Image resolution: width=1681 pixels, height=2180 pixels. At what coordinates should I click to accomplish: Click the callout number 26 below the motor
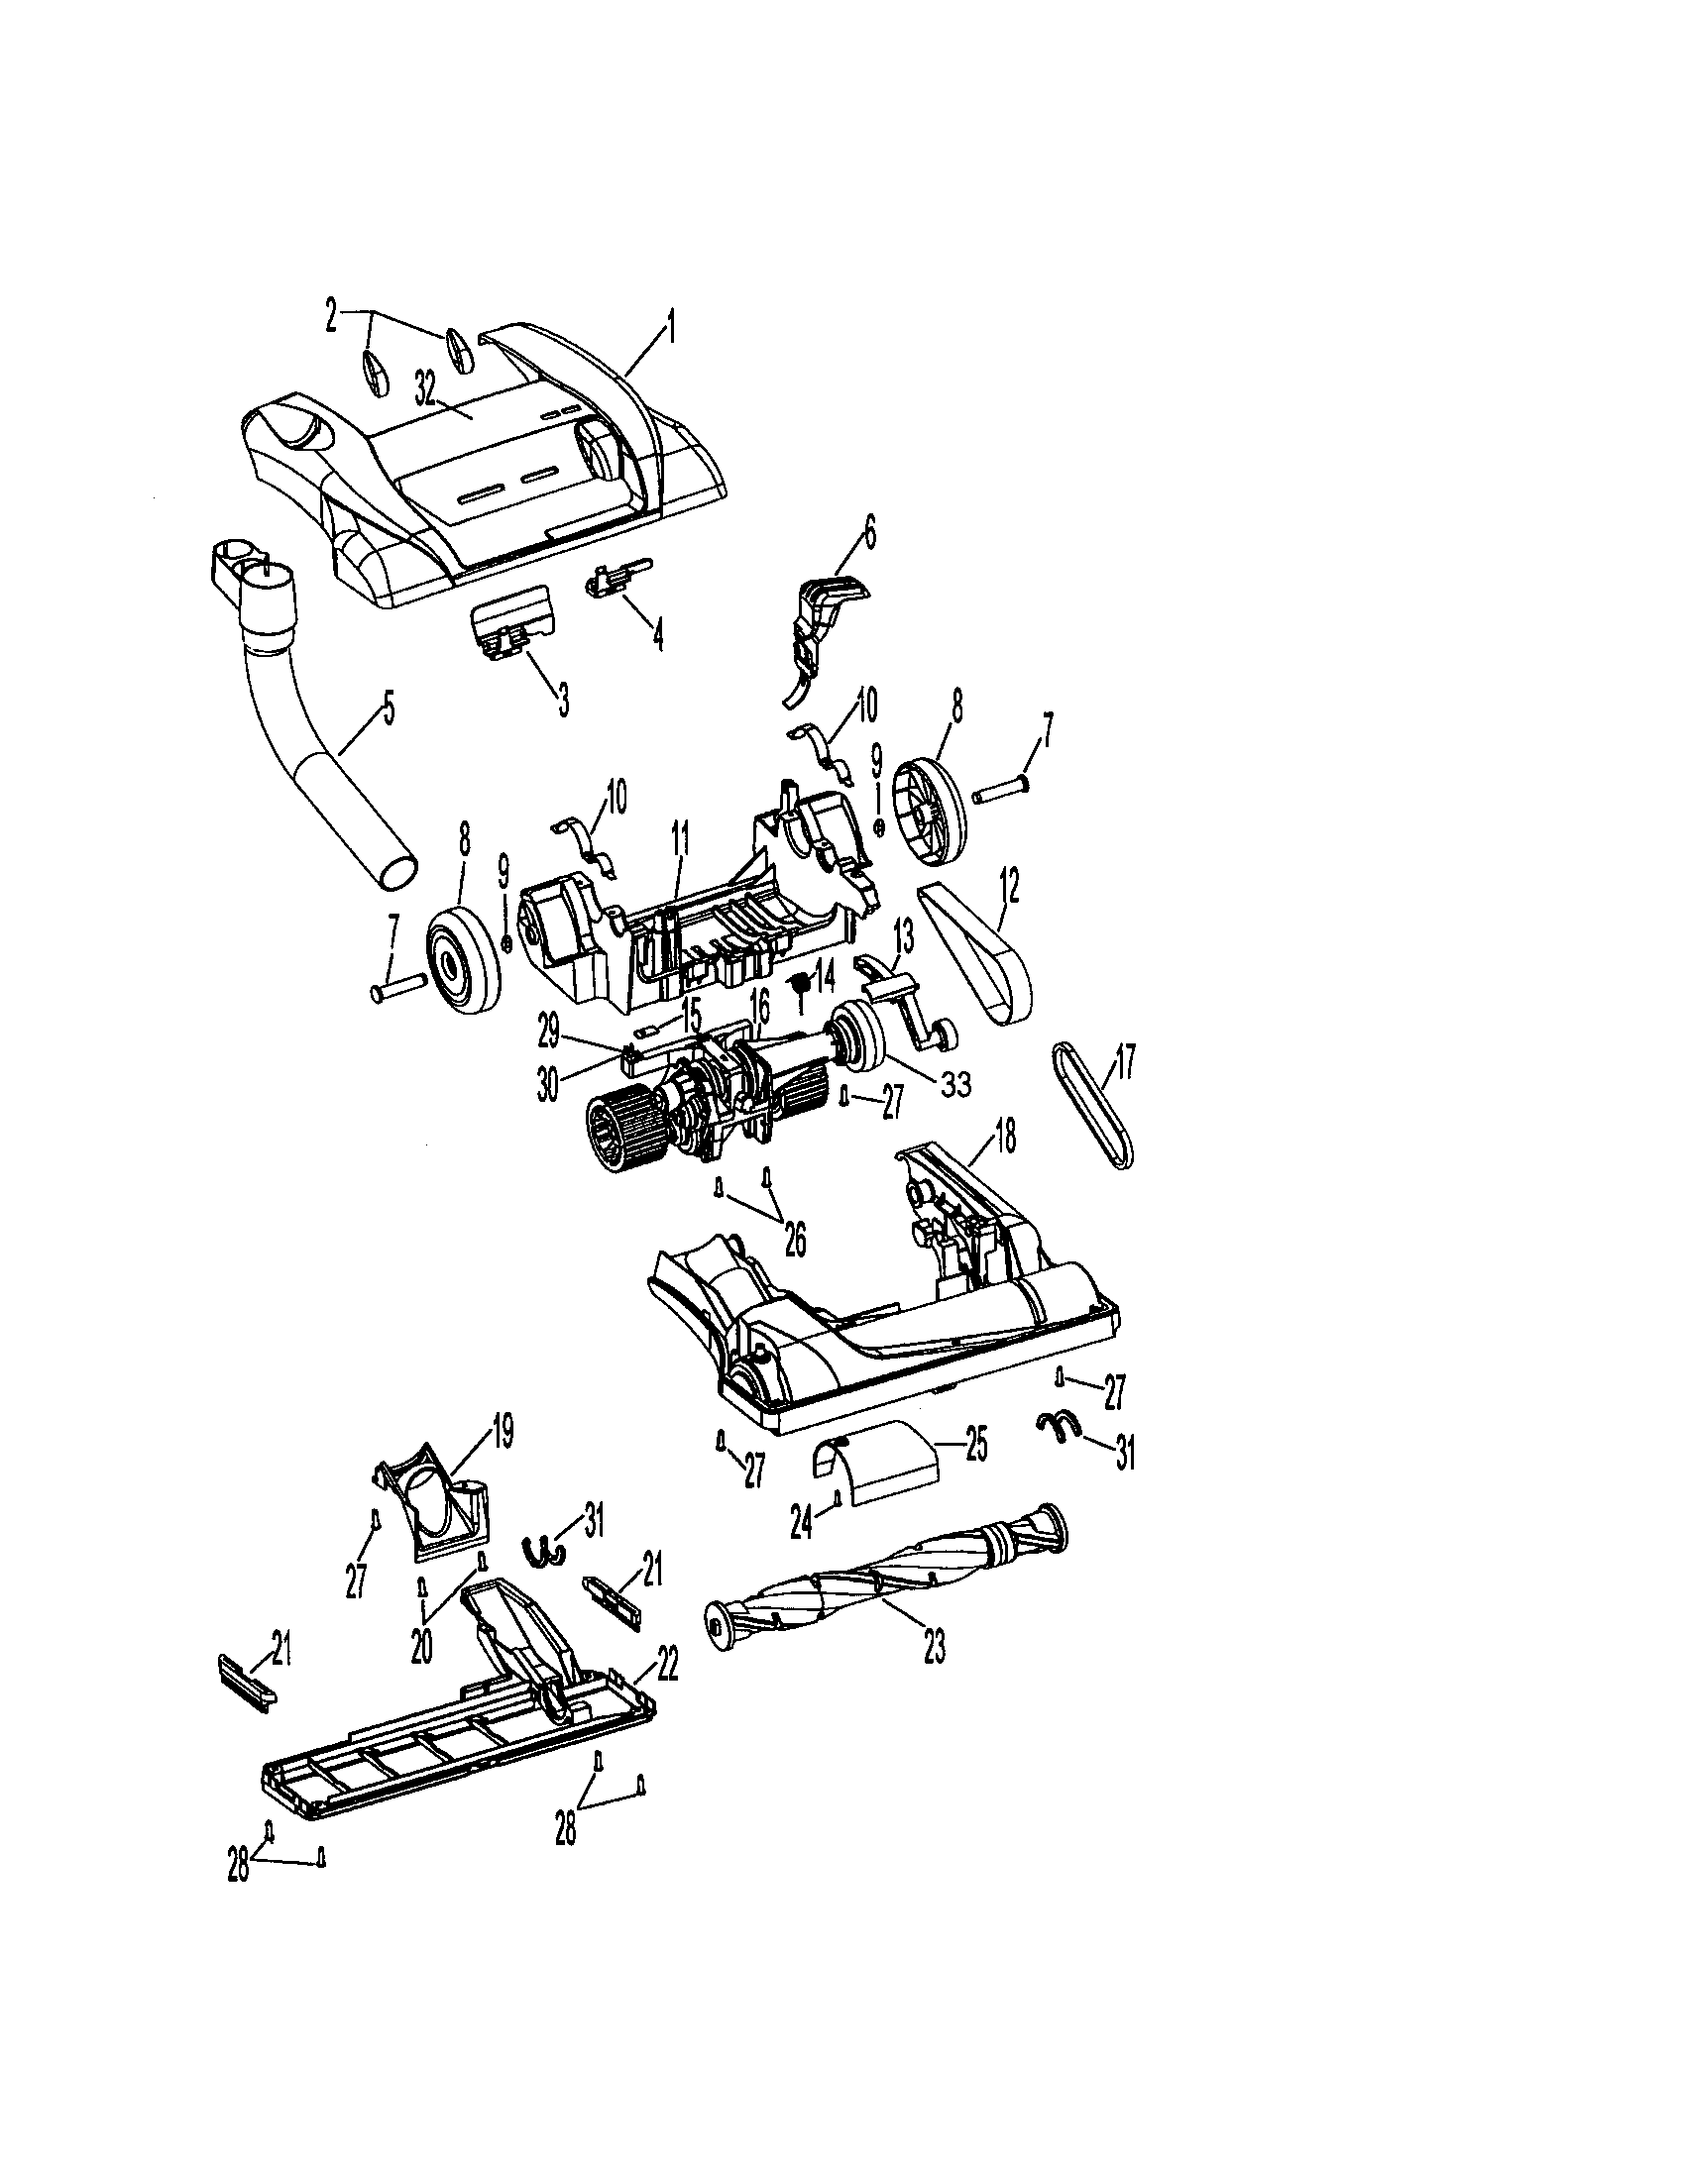point(795,1240)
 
